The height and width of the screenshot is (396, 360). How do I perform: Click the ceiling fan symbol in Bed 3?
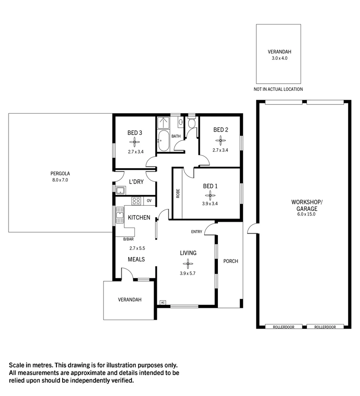pos(135,142)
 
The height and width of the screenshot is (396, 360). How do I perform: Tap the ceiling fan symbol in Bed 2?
pos(220,139)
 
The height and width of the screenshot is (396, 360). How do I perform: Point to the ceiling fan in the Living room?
pos(188,263)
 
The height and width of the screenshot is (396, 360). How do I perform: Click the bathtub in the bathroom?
pos(163,140)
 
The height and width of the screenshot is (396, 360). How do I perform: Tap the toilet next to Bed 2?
pos(191,123)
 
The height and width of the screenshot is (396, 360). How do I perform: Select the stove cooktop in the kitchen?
pos(137,201)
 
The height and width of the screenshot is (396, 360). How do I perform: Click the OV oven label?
pos(149,201)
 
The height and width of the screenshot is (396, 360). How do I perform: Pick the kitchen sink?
pos(120,215)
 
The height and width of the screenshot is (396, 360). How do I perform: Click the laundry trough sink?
pos(120,190)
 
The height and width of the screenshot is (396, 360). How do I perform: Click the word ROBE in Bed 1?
pos(178,193)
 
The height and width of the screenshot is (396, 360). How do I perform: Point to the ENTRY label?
pos(196,232)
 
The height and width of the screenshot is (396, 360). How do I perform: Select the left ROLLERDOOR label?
pos(284,327)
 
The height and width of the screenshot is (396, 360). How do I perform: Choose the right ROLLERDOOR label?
pos(325,327)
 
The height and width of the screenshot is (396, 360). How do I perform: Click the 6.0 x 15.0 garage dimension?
pos(306,214)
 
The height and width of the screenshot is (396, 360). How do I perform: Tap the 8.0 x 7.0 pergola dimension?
pos(60,180)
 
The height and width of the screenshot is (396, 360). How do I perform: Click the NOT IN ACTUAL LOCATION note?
pos(278,89)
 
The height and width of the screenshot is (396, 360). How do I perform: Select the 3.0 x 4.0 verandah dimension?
pos(279,58)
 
